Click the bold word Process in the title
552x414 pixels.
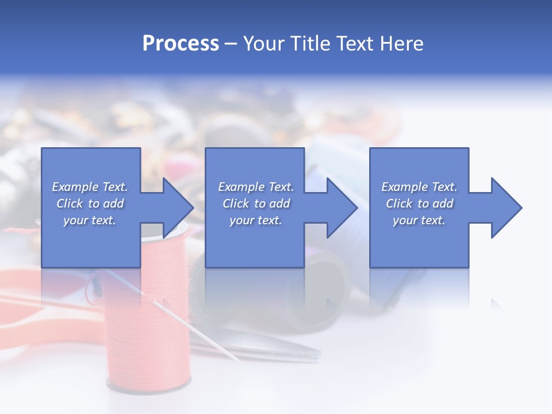point(181,44)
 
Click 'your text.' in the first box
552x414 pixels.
point(90,220)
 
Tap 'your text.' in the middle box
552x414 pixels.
point(255,220)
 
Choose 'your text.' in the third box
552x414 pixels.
point(419,220)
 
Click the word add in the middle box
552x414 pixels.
point(279,204)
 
